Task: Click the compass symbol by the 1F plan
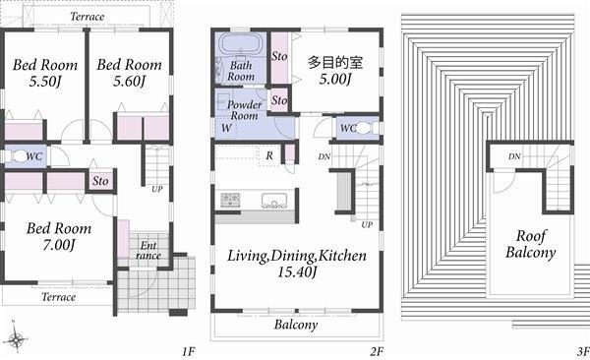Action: (16, 340)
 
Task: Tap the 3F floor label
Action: (582, 350)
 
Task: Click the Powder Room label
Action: (243, 109)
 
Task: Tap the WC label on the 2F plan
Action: (346, 128)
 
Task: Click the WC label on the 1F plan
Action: (33, 155)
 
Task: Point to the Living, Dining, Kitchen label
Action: (296, 263)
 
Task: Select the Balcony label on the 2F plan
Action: (295, 326)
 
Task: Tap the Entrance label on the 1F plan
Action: (148, 250)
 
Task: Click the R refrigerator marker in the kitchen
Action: (269, 154)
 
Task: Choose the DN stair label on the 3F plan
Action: (514, 156)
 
